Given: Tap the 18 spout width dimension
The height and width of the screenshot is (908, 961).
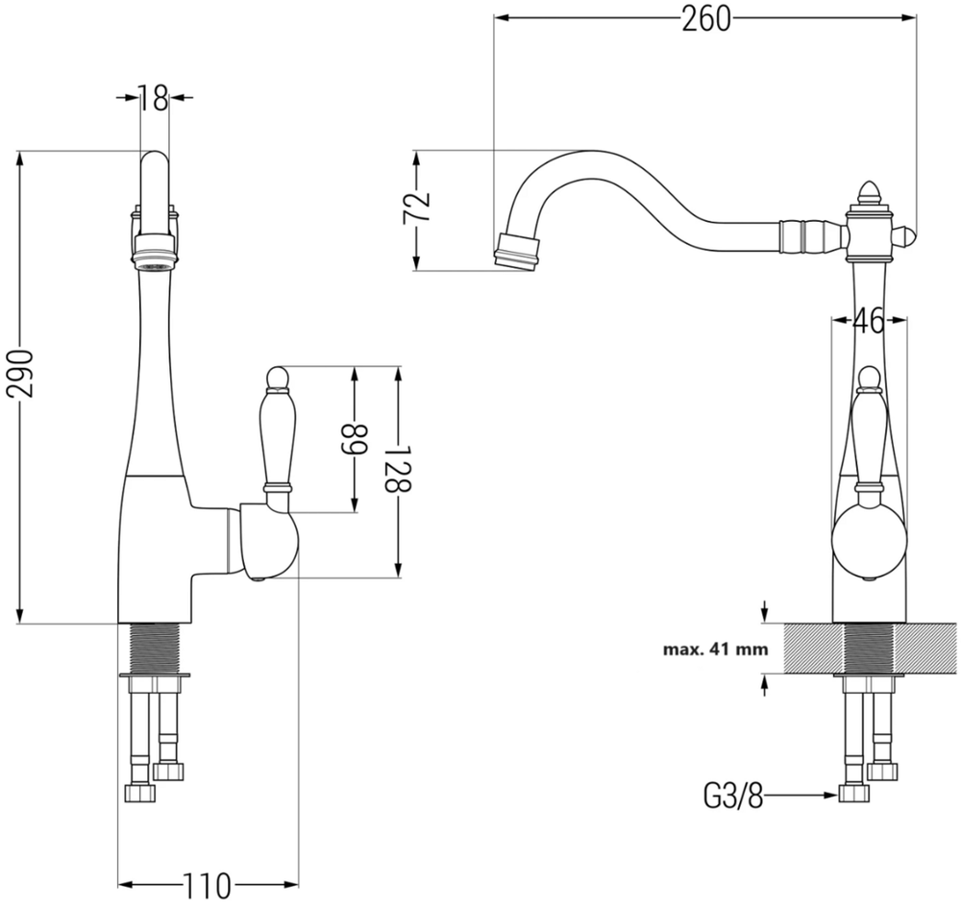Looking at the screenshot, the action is (x=153, y=97).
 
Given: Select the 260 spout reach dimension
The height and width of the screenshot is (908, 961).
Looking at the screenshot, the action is (x=706, y=19).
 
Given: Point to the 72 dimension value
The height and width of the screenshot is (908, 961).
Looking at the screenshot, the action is (x=416, y=209).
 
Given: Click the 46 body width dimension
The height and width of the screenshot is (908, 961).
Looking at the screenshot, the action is (x=869, y=320).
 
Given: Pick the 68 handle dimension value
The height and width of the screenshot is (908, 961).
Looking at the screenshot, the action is (x=354, y=440).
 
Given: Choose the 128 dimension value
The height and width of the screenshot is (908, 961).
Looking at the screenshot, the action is (x=398, y=469).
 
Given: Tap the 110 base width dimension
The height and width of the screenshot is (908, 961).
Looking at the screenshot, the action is (x=208, y=885).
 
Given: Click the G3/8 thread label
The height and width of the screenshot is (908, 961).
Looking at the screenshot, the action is (x=733, y=797).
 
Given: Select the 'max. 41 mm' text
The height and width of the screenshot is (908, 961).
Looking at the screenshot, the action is (x=715, y=650).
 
